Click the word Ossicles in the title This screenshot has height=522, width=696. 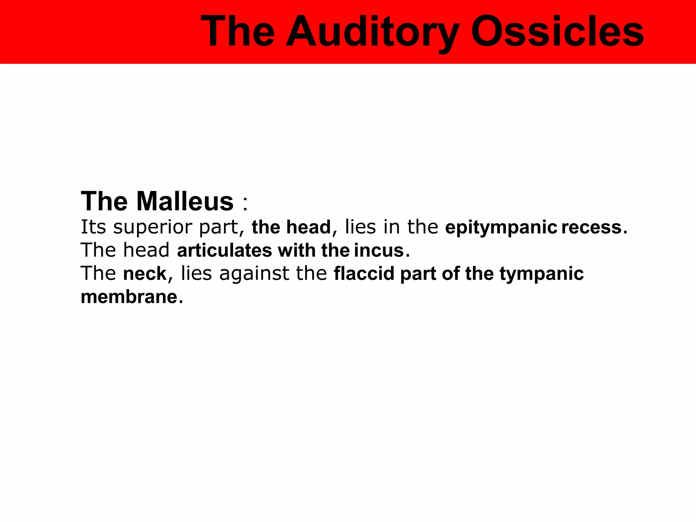(x=557, y=32)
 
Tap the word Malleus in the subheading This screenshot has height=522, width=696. (x=185, y=201)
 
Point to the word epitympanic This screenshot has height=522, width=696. (x=501, y=228)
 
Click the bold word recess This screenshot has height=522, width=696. (x=591, y=228)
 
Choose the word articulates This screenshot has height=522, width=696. (x=224, y=250)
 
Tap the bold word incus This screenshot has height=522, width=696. (x=379, y=250)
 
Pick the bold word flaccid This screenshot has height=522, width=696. (x=364, y=274)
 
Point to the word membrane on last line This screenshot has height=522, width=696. (x=129, y=297)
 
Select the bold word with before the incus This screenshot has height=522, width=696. (x=297, y=250)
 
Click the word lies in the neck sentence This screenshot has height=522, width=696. (x=196, y=274)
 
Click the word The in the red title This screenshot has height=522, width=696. (x=238, y=32)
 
